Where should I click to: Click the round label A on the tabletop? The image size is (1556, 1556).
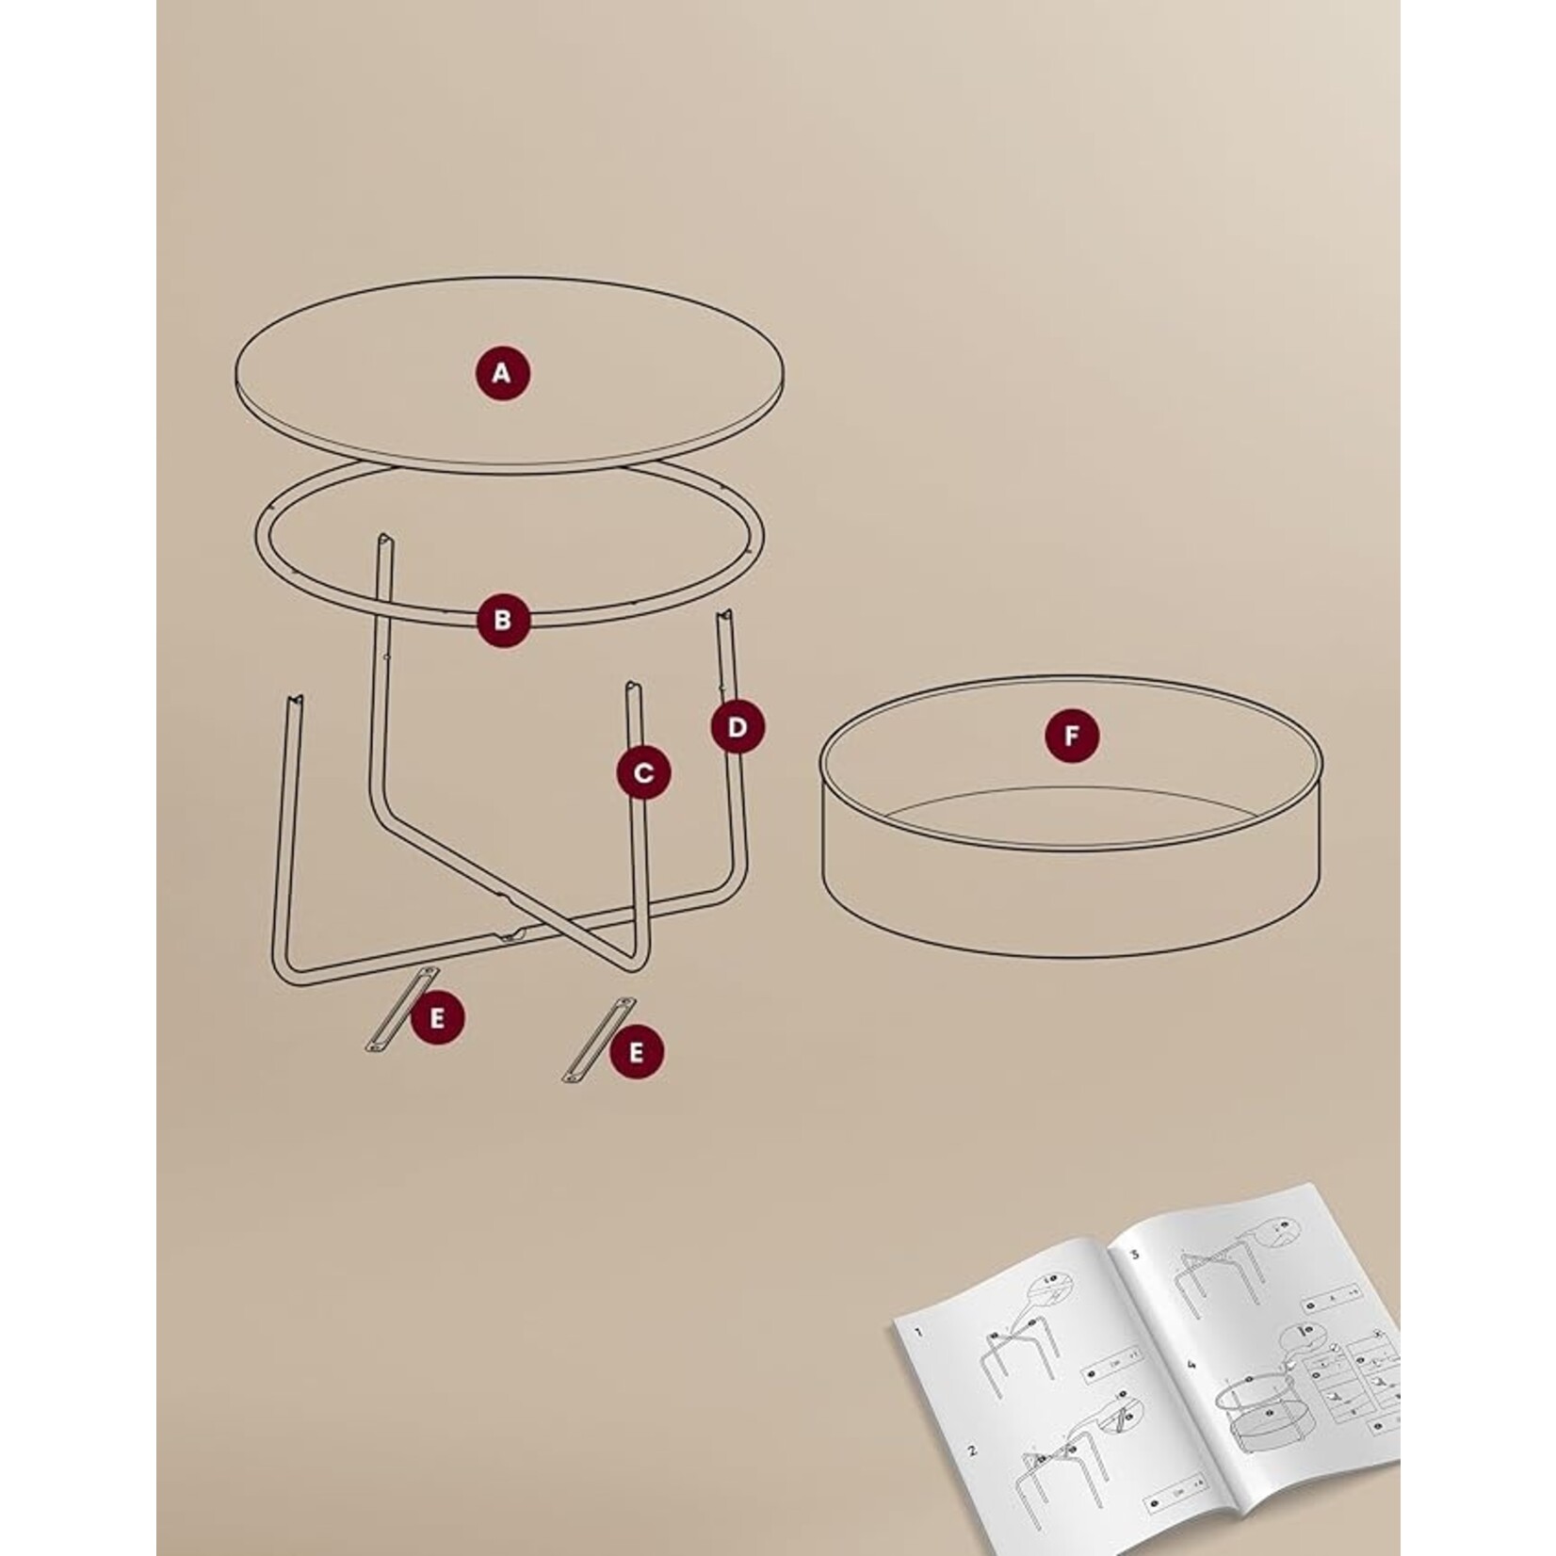pos(501,374)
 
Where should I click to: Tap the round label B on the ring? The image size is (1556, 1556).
pos(502,620)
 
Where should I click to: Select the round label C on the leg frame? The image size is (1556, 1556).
pos(644,773)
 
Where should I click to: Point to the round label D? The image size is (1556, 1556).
pos(737,727)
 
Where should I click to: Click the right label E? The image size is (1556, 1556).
pos(636,1052)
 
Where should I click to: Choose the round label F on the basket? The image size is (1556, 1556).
pos(1072,736)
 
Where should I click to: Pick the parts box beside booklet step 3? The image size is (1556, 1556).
pos(1323,1306)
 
